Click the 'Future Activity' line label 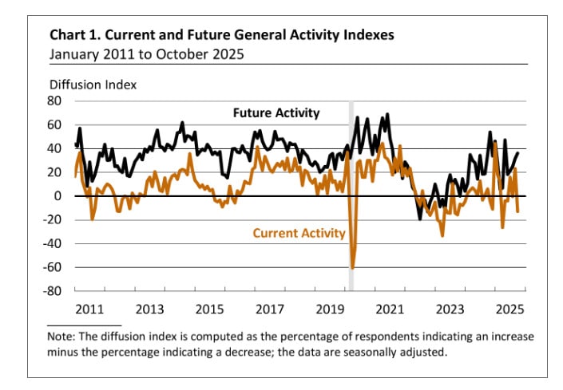276,113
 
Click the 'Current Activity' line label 299,233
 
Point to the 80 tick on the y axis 56,101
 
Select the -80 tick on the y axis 54,291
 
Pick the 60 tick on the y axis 56,125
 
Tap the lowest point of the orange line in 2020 352,268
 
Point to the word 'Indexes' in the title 366,36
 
